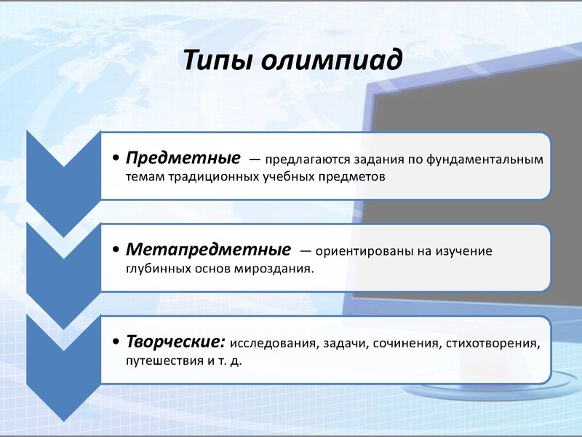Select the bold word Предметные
pyautogui.click(x=183, y=158)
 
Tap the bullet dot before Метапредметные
pyautogui.click(x=118, y=251)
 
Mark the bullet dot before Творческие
pyautogui.click(x=118, y=343)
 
